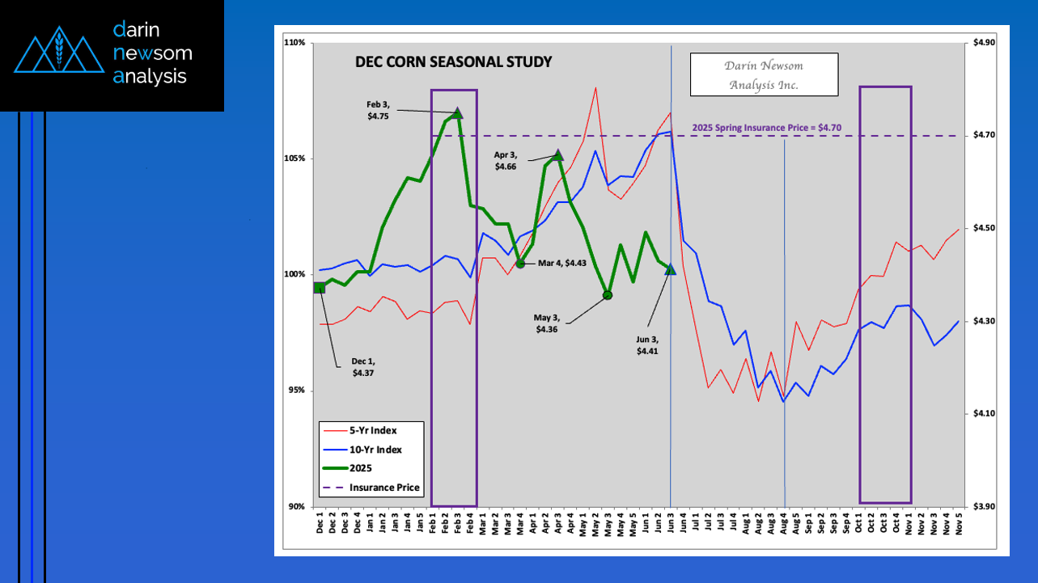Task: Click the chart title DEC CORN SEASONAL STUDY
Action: [453, 62]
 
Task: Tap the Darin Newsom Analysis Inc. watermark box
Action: [763, 74]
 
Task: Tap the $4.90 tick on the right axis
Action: [982, 42]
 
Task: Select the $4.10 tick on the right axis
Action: [982, 414]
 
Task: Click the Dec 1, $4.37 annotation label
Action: [363, 367]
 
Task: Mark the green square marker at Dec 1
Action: [320, 287]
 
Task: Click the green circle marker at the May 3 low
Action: [608, 295]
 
